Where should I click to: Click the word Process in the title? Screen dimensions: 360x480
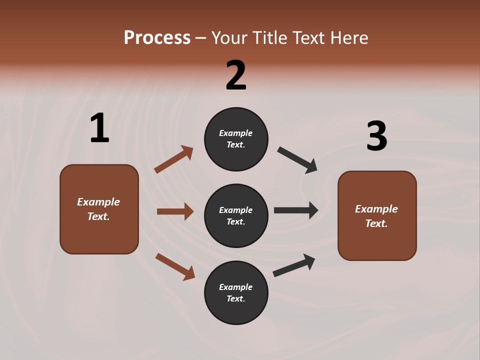click(157, 37)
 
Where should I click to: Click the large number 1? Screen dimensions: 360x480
click(99, 128)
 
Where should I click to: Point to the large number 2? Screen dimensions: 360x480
click(236, 75)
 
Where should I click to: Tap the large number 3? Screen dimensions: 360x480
click(376, 136)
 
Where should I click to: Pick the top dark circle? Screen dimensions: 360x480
click(236, 139)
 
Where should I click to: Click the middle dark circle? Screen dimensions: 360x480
click(236, 215)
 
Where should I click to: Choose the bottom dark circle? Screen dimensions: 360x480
click(236, 292)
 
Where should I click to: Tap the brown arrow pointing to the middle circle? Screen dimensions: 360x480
click(175, 211)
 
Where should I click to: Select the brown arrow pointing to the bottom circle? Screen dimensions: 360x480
click(175, 266)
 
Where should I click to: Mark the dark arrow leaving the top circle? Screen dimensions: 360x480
click(297, 160)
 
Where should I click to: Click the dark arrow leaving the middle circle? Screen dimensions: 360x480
click(296, 210)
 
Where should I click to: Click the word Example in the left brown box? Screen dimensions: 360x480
click(98, 202)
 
